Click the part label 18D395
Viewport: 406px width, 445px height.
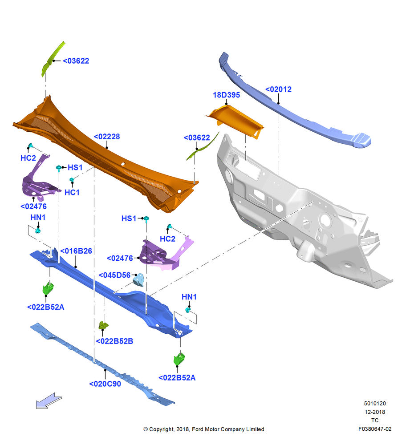226,95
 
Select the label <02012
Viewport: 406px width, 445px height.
278,89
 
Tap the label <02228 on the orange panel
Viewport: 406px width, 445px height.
107,137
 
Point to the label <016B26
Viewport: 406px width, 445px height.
76,251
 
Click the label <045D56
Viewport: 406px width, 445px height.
114,275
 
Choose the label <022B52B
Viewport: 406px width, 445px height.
114,341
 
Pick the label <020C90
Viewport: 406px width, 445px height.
105,384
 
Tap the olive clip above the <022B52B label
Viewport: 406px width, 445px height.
103,325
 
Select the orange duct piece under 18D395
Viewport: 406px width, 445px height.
235,121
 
